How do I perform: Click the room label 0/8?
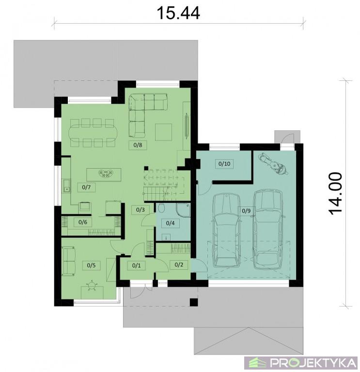(x=138, y=145)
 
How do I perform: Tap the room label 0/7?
(x=86, y=187)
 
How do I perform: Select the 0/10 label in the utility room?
(x=224, y=164)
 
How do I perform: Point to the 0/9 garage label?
(x=246, y=211)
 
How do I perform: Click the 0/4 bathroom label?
(x=170, y=223)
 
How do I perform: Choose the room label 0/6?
(x=82, y=222)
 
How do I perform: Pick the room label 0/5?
(x=91, y=265)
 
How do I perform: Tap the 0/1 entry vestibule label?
(x=136, y=265)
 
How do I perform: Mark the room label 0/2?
(x=179, y=264)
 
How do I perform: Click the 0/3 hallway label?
(x=141, y=210)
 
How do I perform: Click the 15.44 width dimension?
(x=178, y=13)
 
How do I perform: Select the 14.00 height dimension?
(x=336, y=193)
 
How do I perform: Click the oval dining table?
(x=92, y=133)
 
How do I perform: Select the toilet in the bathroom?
(x=162, y=208)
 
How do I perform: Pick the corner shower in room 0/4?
(x=183, y=210)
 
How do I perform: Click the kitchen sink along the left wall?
(x=66, y=186)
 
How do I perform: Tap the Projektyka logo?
(x=301, y=363)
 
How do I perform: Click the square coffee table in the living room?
(x=163, y=132)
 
